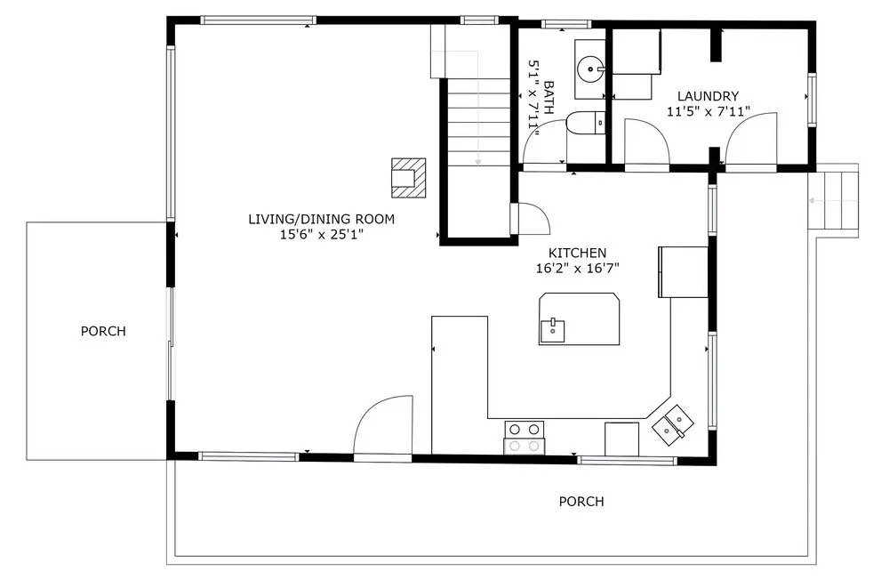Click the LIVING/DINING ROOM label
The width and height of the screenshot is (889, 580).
click(x=322, y=219)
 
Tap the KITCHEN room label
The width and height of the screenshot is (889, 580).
click(x=577, y=254)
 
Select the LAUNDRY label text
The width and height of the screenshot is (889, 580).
click(x=709, y=96)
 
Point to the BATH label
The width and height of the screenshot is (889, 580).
click(x=549, y=98)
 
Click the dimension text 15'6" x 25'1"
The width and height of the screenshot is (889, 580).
click(x=322, y=234)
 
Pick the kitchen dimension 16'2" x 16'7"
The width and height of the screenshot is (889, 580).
click(x=577, y=269)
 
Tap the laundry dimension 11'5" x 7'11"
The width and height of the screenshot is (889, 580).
click(x=709, y=111)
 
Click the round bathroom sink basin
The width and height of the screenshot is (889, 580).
click(x=591, y=69)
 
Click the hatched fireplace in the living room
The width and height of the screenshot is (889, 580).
click(x=408, y=178)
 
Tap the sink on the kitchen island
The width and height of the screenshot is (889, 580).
click(x=552, y=330)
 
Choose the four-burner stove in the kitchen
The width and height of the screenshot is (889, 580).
click(x=524, y=438)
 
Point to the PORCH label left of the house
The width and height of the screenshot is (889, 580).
click(x=103, y=331)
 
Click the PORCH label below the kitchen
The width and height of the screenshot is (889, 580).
click(x=581, y=501)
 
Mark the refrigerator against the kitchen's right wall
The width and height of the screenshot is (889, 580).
click(x=683, y=272)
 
